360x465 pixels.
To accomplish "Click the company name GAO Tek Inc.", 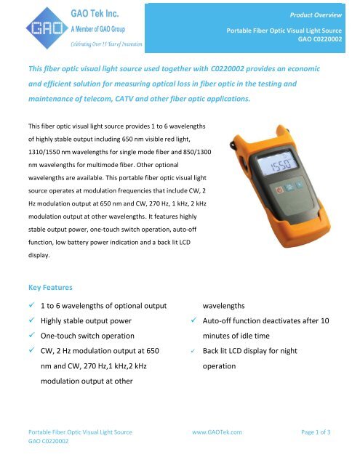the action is [80, 13].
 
